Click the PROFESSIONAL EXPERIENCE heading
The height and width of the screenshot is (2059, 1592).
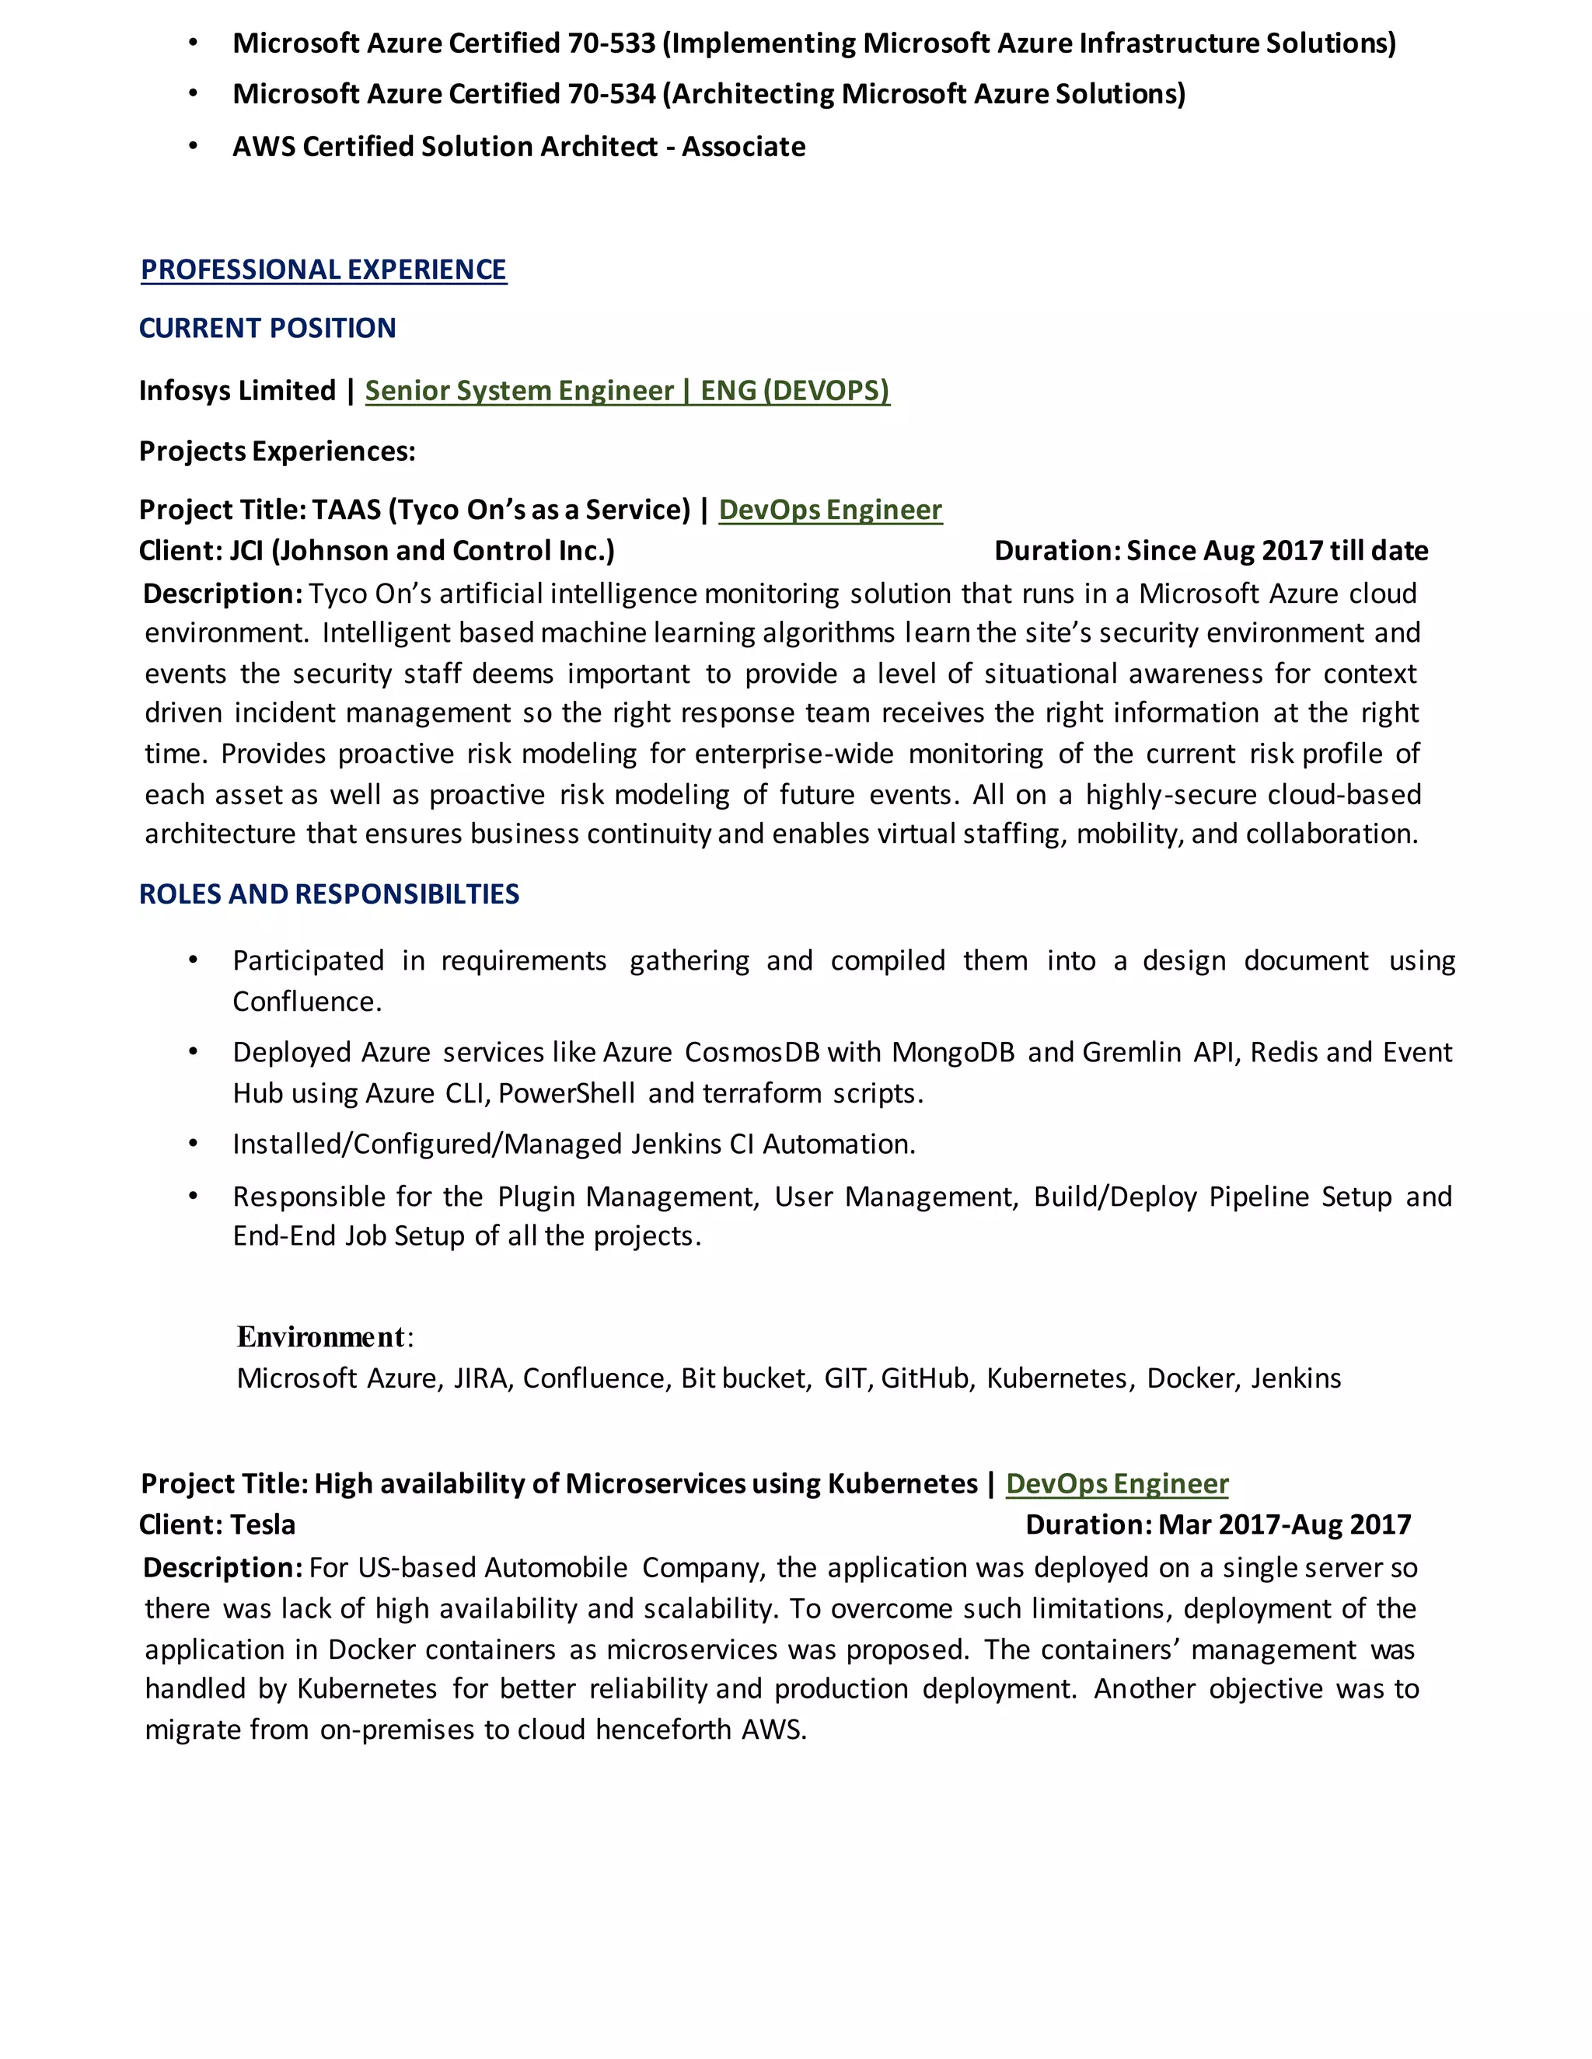pos(323,270)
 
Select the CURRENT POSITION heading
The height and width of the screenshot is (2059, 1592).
pos(267,328)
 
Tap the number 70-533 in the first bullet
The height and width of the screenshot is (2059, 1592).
pos(610,44)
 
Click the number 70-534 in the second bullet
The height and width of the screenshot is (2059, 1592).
pos(610,94)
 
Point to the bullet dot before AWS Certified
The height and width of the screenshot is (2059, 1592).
pos(194,146)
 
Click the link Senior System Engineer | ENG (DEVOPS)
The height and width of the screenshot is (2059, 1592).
pos(627,390)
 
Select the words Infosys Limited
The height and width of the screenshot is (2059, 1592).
pos(237,390)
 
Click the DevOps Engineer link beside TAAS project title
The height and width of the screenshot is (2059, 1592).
pos(830,510)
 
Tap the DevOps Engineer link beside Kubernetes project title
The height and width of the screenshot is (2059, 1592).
pos(1117,1484)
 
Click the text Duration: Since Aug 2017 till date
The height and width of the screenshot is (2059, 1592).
pos(1211,551)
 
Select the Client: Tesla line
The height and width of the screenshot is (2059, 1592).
pos(217,1524)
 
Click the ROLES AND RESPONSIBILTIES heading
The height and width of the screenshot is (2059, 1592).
pos(329,894)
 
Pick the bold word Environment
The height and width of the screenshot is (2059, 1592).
pos(321,1337)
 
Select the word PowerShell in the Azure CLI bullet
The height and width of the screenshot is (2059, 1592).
pos(566,1094)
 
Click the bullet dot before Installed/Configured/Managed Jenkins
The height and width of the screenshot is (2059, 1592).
pos(194,1144)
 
